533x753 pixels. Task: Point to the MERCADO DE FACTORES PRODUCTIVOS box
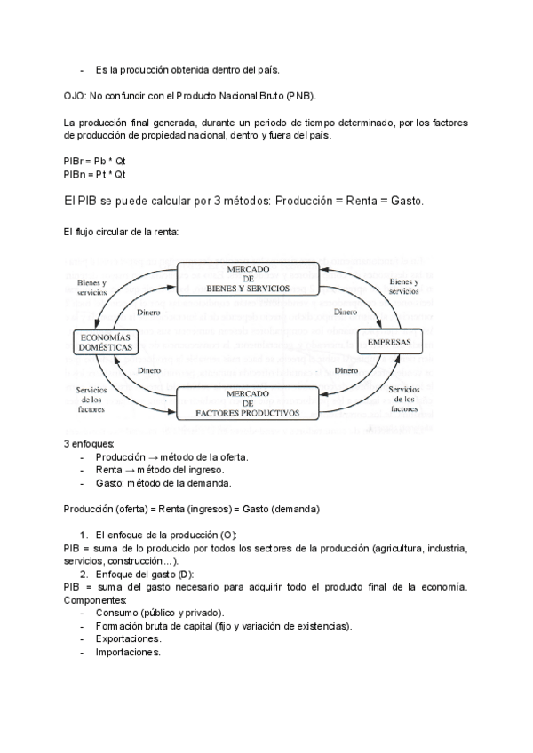248,403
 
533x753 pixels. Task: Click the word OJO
75,95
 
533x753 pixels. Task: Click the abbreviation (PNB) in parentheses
298,95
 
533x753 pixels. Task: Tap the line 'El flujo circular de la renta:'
122,232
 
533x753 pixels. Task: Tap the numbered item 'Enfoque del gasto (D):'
144,575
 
